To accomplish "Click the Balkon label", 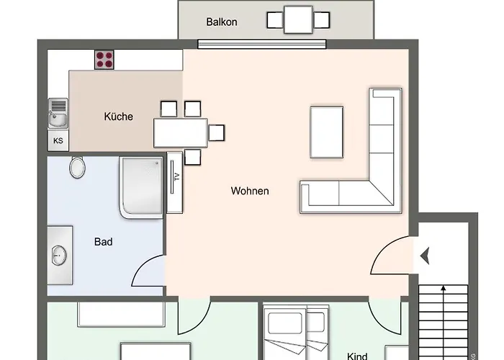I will [x=222, y=22].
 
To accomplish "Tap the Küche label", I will [x=119, y=116].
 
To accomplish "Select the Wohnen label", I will [x=250, y=191].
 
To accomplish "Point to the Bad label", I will [x=103, y=242].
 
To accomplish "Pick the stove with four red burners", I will [x=104, y=59].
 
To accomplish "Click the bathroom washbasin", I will [x=59, y=255].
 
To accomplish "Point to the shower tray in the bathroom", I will [x=142, y=187].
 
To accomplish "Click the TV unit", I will [x=175, y=182].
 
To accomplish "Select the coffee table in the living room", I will [x=326, y=132].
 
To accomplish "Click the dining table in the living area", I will [x=180, y=132].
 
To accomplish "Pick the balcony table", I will [x=298, y=19].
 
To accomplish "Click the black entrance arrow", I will [x=425, y=255].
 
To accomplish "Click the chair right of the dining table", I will [x=216, y=132].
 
